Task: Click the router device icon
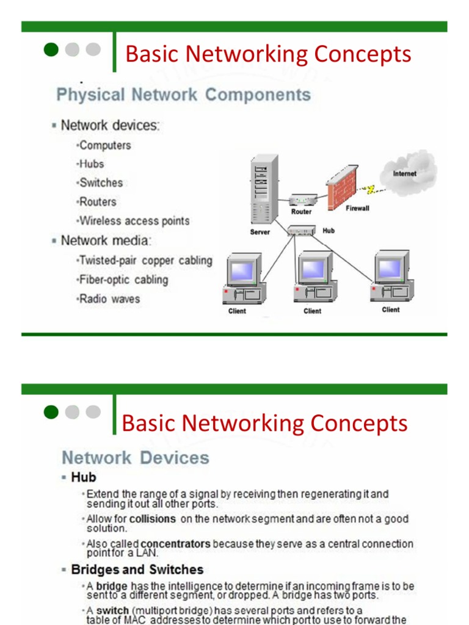pyautogui.click(x=302, y=200)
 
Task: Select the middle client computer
pyautogui.click(x=313, y=278)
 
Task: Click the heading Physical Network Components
pyautogui.click(x=183, y=95)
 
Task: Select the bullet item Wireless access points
pyautogui.click(x=134, y=221)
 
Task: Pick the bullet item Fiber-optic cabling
pyautogui.click(x=123, y=280)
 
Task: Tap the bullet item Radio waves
pyautogui.click(x=109, y=299)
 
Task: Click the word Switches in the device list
pyautogui.click(x=101, y=182)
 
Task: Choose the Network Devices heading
pyautogui.click(x=136, y=458)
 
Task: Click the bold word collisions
pyautogui.click(x=152, y=519)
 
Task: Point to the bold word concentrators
pyautogui.click(x=175, y=543)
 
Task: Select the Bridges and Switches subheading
pyautogui.click(x=137, y=569)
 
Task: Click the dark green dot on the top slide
pyautogui.click(x=51, y=49)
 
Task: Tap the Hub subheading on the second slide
pyautogui.click(x=84, y=477)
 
